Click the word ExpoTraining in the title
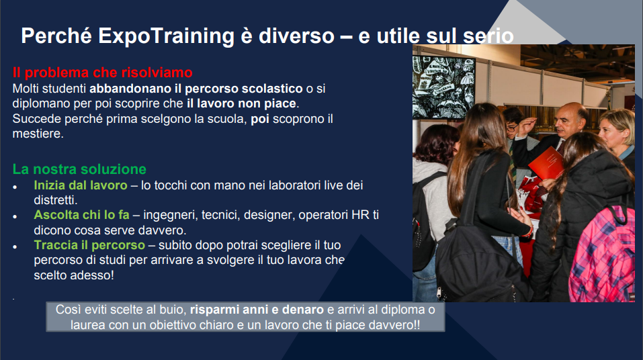click(166, 36)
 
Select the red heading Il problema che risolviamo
click(103, 73)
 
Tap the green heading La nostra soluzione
click(79, 169)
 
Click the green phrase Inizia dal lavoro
click(81, 185)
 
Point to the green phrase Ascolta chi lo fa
click(81, 215)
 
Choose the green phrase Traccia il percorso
click(89, 245)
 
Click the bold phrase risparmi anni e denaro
click(257, 310)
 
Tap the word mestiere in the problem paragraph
click(37, 134)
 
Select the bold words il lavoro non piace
click(241, 103)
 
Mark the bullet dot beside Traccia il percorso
click(15, 246)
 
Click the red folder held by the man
click(546, 163)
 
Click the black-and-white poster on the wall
click(443, 87)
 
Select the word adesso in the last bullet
click(90, 275)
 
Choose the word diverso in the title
click(296, 36)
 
